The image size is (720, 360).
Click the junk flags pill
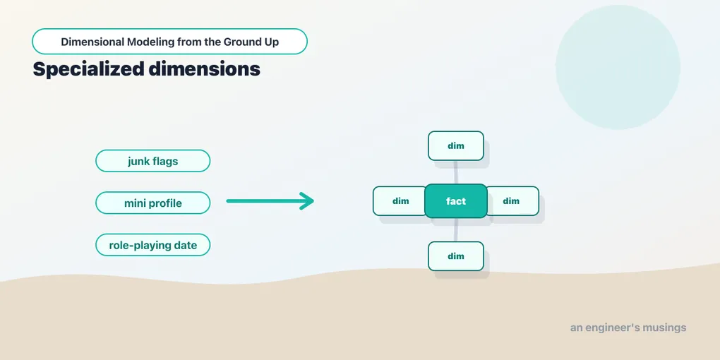pyautogui.click(x=153, y=161)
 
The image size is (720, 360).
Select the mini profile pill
pyautogui.click(x=153, y=203)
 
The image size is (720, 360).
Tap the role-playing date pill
pyautogui.click(x=153, y=245)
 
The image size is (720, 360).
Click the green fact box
pyautogui.click(x=456, y=201)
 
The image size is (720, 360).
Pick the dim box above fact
pyautogui.click(x=456, y=146)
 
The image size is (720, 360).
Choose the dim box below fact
pyautogui.click(x=456, y=256)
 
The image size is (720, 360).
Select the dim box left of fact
pyautogui.click(x=400, y=201)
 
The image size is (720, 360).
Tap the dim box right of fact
pyautogui.click(x=512, y=201)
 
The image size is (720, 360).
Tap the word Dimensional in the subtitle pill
pyautogui.click(x=92, y=42)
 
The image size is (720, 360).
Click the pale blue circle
pyautogui.click(x=618, y=67)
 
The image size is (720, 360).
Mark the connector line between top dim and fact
pyautogui.click(x=456, y=173)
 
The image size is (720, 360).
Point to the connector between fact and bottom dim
pyautogui.click(x=456, y=230)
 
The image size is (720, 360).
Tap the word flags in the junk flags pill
pyautogui.click(x=165, y=162)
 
